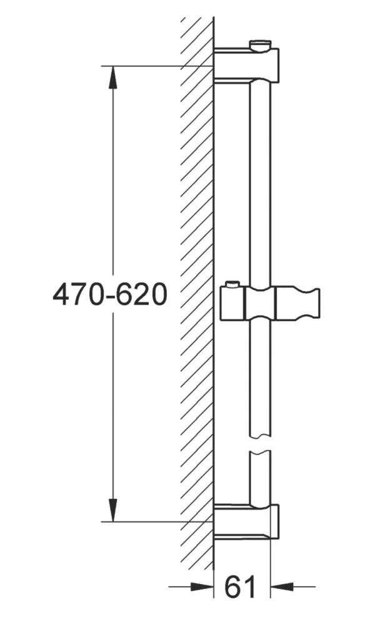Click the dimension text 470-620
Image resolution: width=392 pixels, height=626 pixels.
click(x=110, y=294)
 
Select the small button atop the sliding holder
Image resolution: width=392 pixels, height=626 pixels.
click(x=232, y=285)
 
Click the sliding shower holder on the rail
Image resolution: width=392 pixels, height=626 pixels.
click(x=269, y=303)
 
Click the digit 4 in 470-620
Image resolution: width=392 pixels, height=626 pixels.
click(x=61, y=294)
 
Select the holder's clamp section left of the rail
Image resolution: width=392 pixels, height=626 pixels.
click(x=234, y=304)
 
